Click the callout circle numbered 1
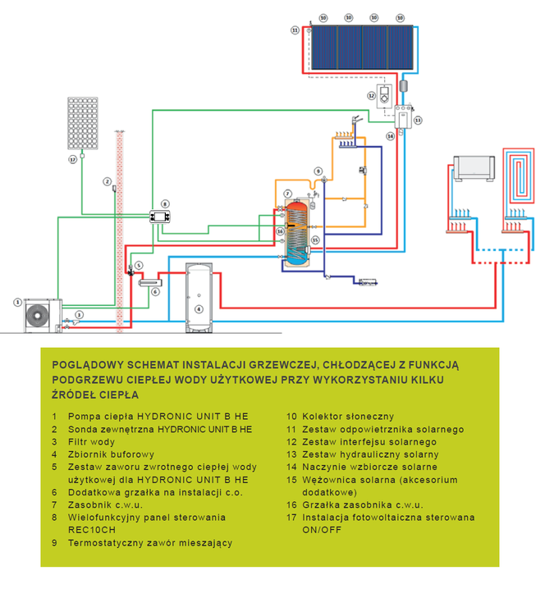(17, 302)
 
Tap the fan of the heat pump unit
(38, 315)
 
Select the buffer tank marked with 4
(199, 298)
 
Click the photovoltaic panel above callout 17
(83, 123)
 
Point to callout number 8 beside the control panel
(165, 204)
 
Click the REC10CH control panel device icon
(160, 217)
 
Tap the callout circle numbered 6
(155, 292)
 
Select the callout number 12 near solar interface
(372, 95)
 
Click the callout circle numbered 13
(418, 121)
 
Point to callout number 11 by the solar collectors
(295, 30)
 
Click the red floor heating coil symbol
(519, 176)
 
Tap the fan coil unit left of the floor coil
(474, 168)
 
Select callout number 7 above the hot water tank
(288, 194)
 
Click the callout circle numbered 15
(315, 240)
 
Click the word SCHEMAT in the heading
(152, 365)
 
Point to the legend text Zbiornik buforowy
(111, 454)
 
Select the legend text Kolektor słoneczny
(348, 417)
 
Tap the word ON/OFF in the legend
(322, 530)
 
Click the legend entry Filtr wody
(91, 442)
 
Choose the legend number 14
(291, 467)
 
